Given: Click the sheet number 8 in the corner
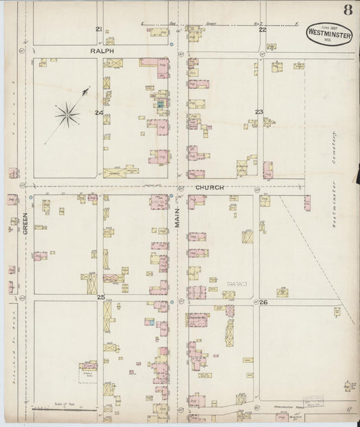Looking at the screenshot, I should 346,10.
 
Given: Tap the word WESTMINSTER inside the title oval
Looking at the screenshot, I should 329,31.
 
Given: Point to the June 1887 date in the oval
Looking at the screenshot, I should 329,24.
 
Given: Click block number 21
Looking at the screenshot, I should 99,29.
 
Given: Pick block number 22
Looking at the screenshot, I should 262,30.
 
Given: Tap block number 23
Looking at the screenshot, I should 259,111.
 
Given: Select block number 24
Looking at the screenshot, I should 99,112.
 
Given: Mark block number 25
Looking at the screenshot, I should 101,297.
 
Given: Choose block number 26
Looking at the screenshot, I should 263,302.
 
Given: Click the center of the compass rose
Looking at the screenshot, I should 67,114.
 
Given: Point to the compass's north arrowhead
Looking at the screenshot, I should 86,89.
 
